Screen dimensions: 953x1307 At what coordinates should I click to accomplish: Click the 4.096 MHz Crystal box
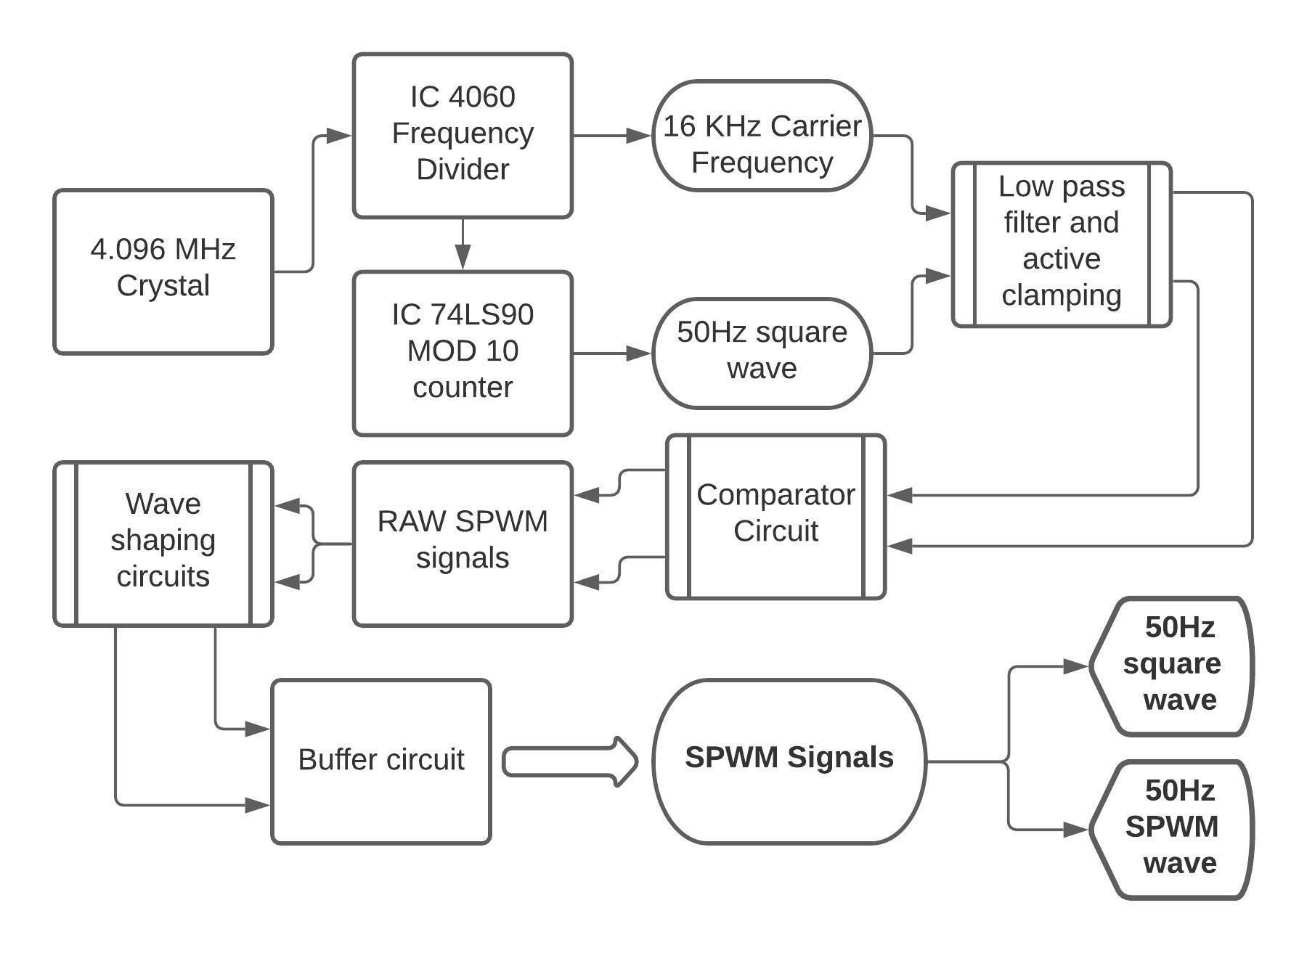pos(163,272)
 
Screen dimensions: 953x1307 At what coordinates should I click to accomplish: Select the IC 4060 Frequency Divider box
pos(463,136)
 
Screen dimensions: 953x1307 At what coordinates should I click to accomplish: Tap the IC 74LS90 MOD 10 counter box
pos(463,353)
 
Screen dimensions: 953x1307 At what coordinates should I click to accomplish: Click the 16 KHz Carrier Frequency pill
pos(762,136)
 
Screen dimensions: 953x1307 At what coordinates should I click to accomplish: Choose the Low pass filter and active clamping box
pos(1061,245)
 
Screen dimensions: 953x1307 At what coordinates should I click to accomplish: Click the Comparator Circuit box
pos(775,517)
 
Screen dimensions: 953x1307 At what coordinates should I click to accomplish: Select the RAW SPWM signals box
pos(463,544)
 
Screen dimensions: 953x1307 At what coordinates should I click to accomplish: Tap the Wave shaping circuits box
pos(163,544)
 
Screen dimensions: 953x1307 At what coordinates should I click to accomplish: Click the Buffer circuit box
pos(381,761)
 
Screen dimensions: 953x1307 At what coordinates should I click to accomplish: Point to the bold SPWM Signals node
pos(789,761)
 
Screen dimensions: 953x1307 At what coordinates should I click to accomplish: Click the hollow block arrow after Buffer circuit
pos(570,761)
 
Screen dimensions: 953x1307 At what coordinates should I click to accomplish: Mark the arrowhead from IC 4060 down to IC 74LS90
pos(463,256)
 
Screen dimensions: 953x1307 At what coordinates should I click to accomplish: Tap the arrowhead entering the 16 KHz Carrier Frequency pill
pos(638,136)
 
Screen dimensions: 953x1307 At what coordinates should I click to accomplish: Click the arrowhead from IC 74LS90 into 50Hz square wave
pos(638,353)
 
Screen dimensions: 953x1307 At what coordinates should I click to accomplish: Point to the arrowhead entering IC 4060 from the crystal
pos(338,136)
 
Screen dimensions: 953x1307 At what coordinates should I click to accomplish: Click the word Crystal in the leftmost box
pos(163,286)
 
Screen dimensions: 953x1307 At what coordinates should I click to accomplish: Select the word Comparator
pos(775,495)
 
